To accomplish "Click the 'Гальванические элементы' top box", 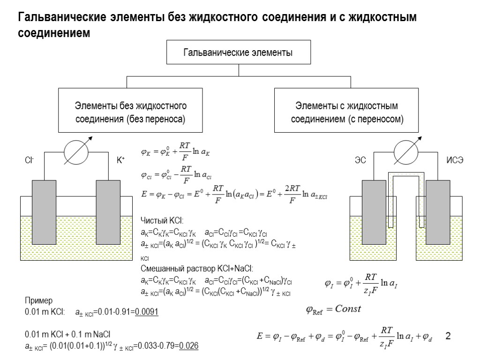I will (238, 52).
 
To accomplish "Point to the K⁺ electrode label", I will (120, 160).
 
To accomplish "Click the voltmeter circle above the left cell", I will (75, 152).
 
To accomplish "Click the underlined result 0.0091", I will (146, 312).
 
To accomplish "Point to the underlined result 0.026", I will (189, 347).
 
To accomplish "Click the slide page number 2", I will (448, 336).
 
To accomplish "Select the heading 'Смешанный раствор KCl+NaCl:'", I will (197, 269).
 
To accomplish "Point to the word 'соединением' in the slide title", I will (53, 34).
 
